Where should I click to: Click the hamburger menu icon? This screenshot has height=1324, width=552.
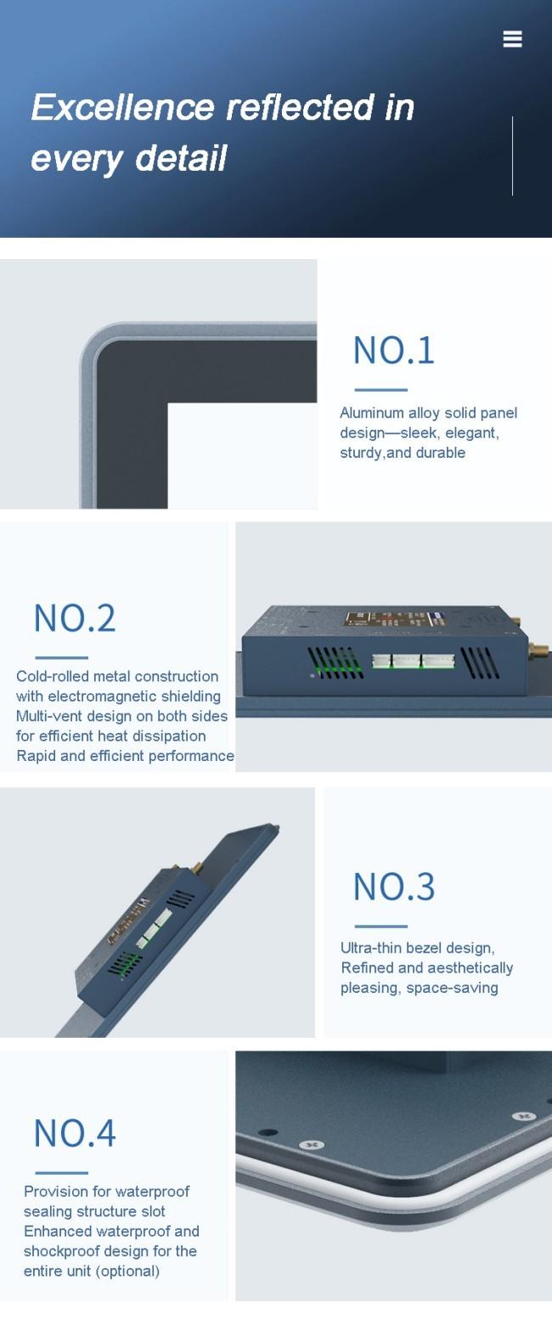click(x=512, y=39)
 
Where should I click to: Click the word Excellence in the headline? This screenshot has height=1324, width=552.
click(x=122, y=108)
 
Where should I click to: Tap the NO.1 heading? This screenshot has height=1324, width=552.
click(x=393, y=350)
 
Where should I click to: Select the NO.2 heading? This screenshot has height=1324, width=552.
click(x=75, y=618)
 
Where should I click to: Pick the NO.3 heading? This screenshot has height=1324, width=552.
click(x=393, y=887)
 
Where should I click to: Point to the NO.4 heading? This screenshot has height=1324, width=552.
click(x=75, y=1134)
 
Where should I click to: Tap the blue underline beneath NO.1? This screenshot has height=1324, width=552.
click(x=380, y=390)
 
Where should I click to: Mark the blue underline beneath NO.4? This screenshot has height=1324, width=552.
click(x=61, y=1174)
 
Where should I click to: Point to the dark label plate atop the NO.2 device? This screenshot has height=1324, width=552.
click(x=395, y=619)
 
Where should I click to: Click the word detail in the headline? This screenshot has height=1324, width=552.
click(x=181, y=159)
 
